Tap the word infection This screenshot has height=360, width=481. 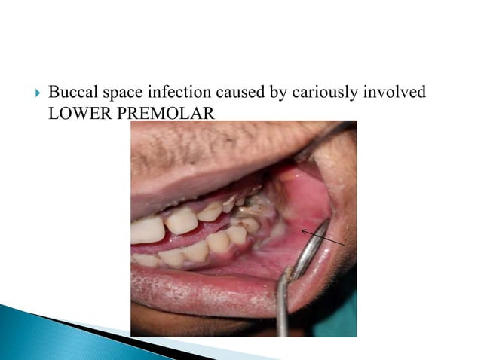coord(174,93)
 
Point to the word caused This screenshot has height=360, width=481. coord(236,93)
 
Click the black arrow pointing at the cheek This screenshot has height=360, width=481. coord(323,236)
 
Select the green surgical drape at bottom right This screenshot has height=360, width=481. coord(339,316)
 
